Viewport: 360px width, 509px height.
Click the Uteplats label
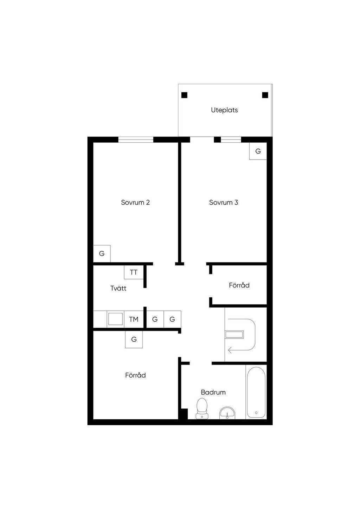click(x=224, y=110)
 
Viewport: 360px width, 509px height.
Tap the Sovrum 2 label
click(x=135, y=202)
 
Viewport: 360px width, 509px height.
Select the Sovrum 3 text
click(x=223, y=202)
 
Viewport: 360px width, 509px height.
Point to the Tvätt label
click(x=118, y=288)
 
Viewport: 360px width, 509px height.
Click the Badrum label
click(x=213, y=392)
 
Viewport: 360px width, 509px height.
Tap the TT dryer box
click(x=134, y=272)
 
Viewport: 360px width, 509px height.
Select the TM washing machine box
click(x=134, y=319)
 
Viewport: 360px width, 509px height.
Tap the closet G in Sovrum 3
click(x=258, y=151)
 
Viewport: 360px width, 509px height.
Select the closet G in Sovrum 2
click(x=102, y=253)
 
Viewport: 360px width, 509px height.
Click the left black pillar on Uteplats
click(x=184, y=95)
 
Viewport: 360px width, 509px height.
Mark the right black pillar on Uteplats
click(x=265, y=95)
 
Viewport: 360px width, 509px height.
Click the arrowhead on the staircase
click(x=230, y=350)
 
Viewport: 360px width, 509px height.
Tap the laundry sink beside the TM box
click(x=115, y=319)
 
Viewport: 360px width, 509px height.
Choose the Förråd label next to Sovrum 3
click(x=239, y=285)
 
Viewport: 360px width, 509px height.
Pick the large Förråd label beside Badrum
click(x=135, y=375)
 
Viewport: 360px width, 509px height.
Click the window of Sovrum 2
click(x=136, y=140)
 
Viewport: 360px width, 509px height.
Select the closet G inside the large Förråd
click(x=134, y=340)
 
